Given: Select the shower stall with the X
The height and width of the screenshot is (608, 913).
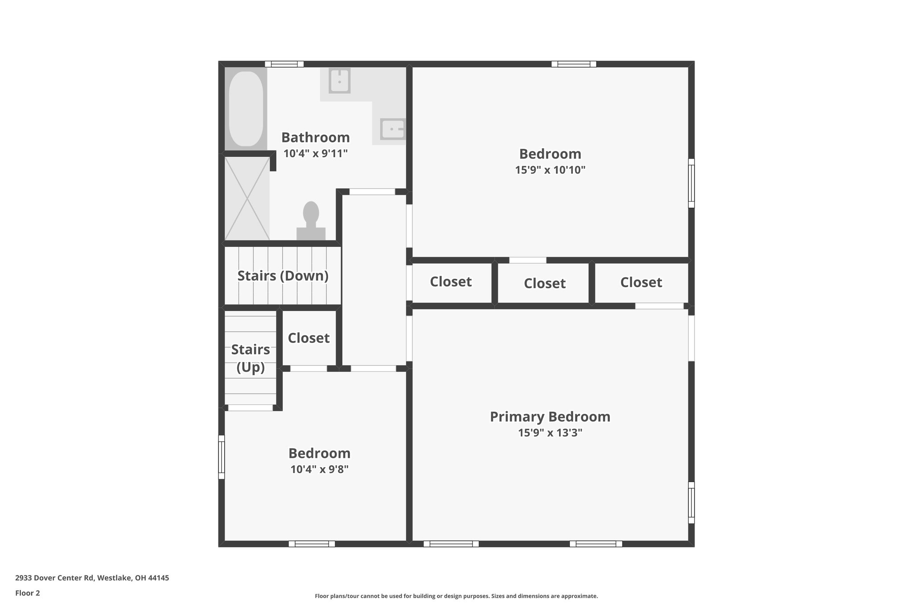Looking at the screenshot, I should pyautogui.click(x=247, y=199).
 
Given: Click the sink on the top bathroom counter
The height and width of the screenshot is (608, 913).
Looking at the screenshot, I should pyautogui.click(x=339, y=81).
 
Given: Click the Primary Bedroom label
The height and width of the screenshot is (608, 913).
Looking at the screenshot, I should pyautogui.click(x=550, y=417).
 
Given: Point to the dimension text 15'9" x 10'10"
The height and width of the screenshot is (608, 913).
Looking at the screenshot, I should pyautogui.click(x=550, y=170).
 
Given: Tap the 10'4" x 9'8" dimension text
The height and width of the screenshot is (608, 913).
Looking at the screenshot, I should pyautogui.click(x=319, y=469).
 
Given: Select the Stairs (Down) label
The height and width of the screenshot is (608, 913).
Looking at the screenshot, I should pyautogui.click(x=283, y=276).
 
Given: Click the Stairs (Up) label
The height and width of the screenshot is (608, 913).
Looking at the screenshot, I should pyautogui.click(x=250, y=358).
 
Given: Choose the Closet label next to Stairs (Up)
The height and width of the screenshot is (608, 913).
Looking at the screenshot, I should pyautogui.click(x=308, y=338).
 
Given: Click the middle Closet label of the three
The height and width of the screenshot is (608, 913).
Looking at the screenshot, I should pyautogui.click(x=544, y=283).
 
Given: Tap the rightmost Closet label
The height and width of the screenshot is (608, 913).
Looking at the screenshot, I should pyautogui.click(x=641, y=282).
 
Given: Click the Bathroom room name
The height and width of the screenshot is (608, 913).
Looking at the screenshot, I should pyautogui.click(x=315, y=137).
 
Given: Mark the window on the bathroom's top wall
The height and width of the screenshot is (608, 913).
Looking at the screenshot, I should pyautogui.click(x=284, y=64).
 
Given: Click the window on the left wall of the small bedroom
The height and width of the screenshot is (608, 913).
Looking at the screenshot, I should pyautogui.click(x=221, y=457).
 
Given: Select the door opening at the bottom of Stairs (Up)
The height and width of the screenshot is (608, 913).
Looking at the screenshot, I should pyautogui.click(x=250, y=408).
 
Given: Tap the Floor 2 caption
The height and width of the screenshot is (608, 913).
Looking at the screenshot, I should pyautogui.click(x=28, y=593).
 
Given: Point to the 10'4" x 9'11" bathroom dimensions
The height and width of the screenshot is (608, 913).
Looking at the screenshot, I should pyautogui.click(x=315, y=154).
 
